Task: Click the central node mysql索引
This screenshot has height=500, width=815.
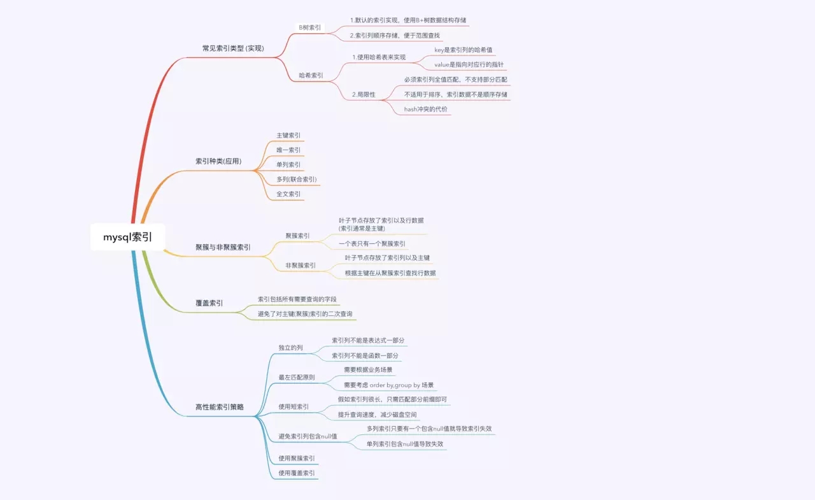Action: (128, 237)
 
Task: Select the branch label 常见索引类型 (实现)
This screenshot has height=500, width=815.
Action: (233, 48)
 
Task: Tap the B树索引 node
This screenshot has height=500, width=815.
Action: (310, 27)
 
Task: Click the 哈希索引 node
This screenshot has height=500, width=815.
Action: (311, 75)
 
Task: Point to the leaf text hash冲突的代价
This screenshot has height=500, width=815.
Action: (426, 109)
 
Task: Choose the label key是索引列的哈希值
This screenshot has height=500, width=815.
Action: (463, 50)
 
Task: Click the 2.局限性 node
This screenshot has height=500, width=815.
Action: (364, 94)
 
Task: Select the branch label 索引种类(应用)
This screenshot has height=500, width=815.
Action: (218, 161)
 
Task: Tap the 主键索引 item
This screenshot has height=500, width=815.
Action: (288, 136)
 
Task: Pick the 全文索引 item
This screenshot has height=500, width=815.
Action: (288, 194)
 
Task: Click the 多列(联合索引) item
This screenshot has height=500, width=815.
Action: (297, 179)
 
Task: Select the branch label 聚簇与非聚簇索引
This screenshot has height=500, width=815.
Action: (223, 247)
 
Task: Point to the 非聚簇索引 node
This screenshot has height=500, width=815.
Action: (301, 265)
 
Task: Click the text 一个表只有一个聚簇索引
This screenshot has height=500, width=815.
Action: (372, 243)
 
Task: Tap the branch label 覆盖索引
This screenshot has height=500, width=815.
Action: (209, 303)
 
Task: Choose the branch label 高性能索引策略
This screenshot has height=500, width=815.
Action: (220, 407)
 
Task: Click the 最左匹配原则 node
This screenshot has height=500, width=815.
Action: (297, 377)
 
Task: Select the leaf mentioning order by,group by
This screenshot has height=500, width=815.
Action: (388, 385)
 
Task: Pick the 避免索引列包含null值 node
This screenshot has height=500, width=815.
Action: (308, 436)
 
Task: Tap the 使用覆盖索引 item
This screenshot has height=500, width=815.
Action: (297, 473)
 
